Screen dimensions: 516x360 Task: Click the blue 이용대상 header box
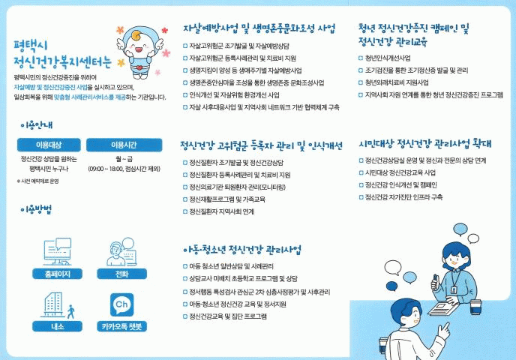(49, 145)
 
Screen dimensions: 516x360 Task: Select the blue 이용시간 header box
(124, 145)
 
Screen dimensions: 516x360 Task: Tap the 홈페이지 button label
(57, 274)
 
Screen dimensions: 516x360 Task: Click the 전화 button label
(121, 274)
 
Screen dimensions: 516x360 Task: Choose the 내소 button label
(57, 326)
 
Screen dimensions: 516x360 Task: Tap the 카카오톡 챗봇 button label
(121, 326)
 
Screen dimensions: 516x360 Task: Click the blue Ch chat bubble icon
(121, 304)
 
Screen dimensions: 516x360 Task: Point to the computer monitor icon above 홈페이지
(57, 252)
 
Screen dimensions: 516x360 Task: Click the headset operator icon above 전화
(121, 252)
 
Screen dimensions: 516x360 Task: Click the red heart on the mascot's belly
(139, 68)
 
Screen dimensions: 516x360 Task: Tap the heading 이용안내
(36, 125)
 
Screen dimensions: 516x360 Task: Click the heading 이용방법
(36, 209)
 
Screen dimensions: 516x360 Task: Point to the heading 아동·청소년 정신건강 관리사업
(241, 250)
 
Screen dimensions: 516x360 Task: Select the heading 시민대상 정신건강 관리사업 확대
(424, 143)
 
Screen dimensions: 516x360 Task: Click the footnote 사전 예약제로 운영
(37, 181)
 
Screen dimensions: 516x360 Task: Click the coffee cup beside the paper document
(475, 307)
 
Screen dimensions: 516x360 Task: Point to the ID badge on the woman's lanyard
(454, 290)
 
